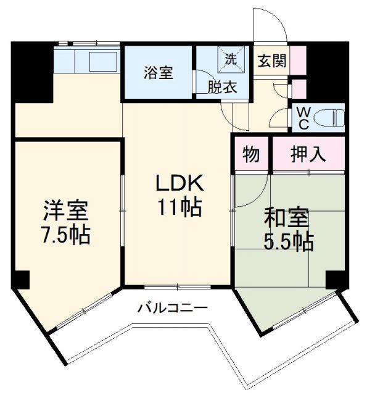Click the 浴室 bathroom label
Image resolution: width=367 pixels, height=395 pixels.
point(159,73)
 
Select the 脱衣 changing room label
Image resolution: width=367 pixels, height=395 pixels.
point(221,87)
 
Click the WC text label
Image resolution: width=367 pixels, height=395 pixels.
point(303,117)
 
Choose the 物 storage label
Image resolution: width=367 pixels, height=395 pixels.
point(250,154)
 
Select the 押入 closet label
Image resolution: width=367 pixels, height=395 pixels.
point(308,154)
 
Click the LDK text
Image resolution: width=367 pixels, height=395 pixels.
point(178,183)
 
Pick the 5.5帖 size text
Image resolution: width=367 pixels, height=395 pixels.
point(288,241)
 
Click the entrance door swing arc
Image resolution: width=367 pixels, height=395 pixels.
point(271,25)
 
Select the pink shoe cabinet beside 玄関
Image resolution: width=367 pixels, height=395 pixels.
point(298,60)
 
